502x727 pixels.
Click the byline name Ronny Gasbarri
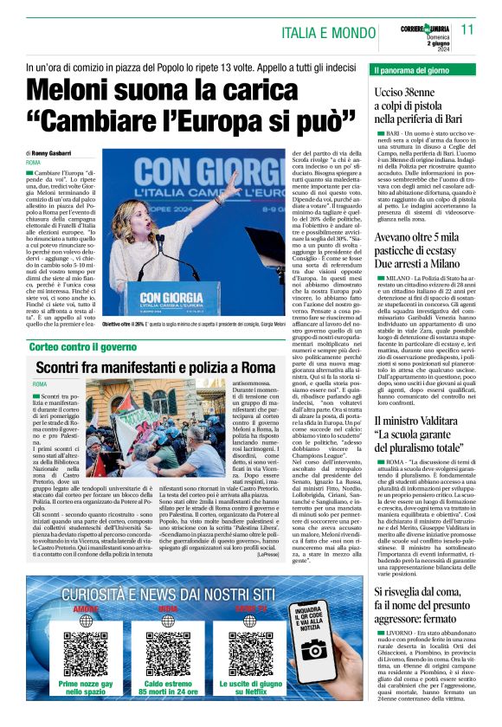pos(55,152)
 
